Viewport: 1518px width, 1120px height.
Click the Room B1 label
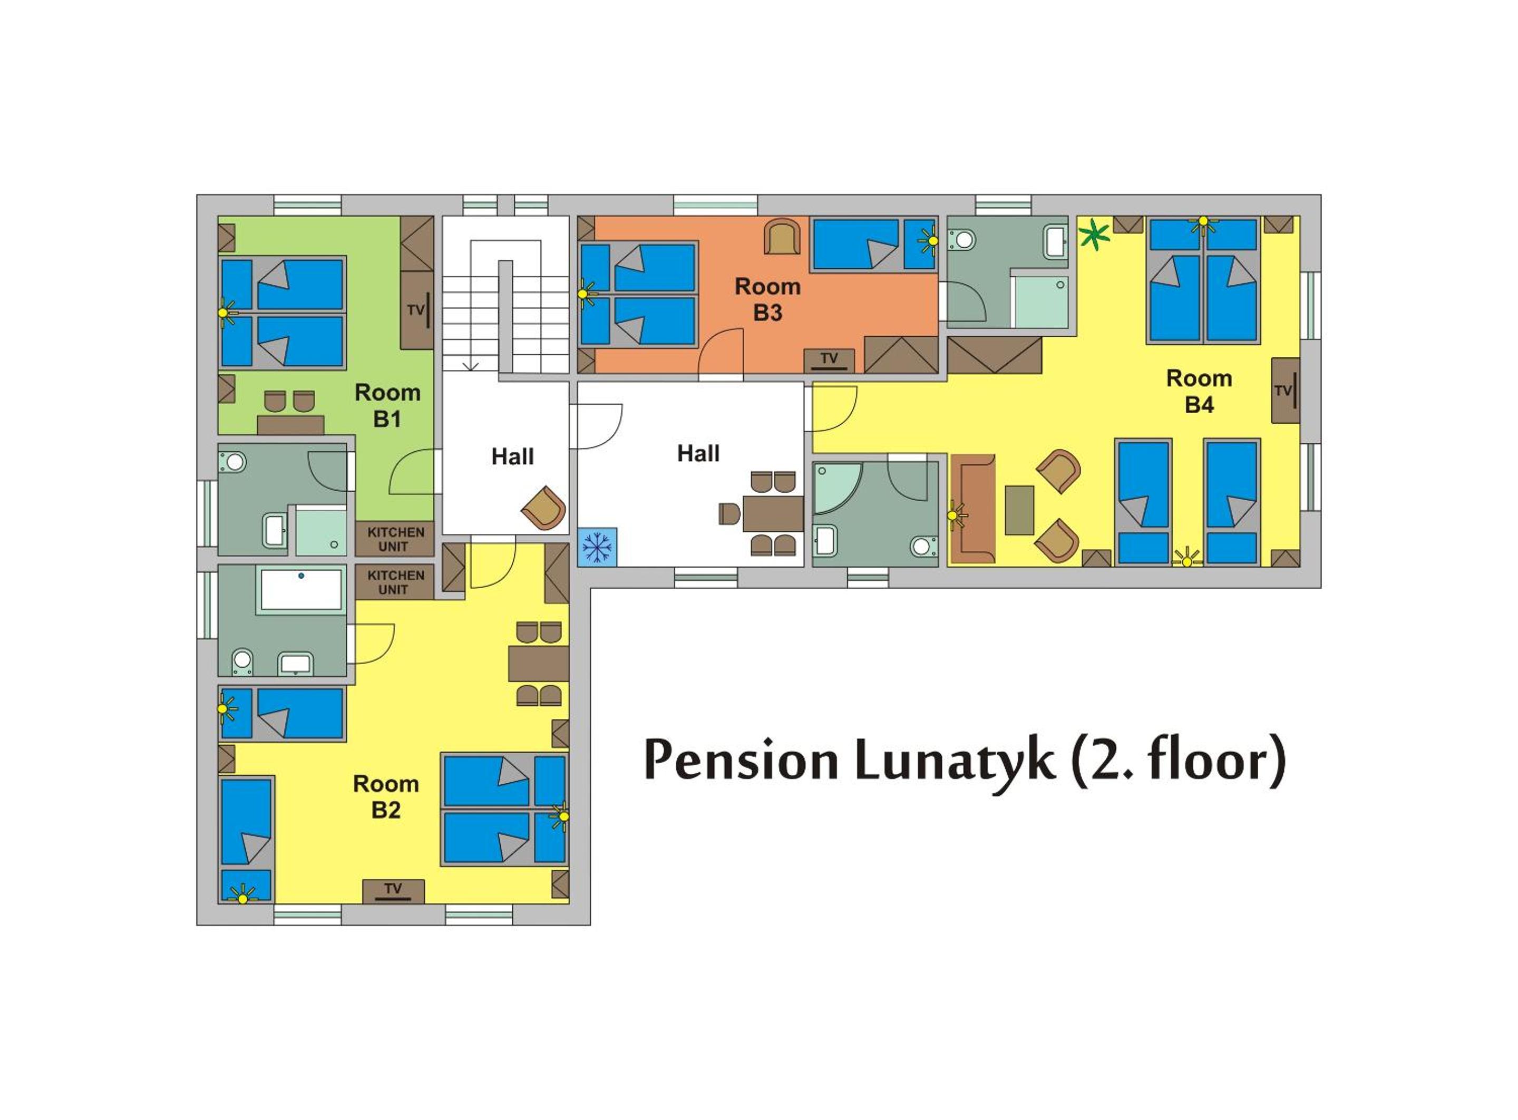pos(388,405)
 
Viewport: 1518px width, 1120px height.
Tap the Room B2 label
pos(386,796)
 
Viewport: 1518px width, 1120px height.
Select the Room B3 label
pos(768,299)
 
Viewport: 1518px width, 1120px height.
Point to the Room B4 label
pos(1199,391)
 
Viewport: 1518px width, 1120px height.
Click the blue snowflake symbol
pos(597,547)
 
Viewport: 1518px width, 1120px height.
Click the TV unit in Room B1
pos(417,310)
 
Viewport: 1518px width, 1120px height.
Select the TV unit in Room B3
pos(829,361)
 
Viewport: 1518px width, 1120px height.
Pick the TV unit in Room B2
pos(393,892)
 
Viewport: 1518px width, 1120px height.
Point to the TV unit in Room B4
pos(1286,391)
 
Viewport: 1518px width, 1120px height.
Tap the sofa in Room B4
pos(973,509)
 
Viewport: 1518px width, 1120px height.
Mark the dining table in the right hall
pos(773,514)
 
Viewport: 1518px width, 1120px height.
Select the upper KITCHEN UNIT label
pos(395,539)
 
